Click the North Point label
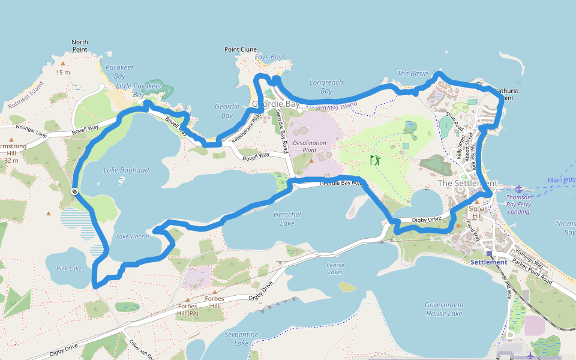(x=80, y=46)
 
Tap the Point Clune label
(x=241, y=49)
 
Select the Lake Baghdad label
(x=126, y=170)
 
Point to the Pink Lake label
(x=68, y=268)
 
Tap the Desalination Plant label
(x=310, y=147)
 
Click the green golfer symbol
(x=376, y=160)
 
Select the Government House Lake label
(x=444, y=309)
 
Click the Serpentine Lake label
(x=242, y=338)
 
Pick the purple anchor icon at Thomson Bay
(x=520, y=188)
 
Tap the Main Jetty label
(x=561, y=180)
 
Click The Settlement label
(x=467, y=183)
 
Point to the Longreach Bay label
(x=326, y=86)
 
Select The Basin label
(x=413, y=73)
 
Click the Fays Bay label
(x=268, y=57)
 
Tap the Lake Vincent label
(x=133, y=236)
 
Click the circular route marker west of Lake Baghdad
(x=74, y=191)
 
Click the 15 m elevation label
(x=63, y=73)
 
